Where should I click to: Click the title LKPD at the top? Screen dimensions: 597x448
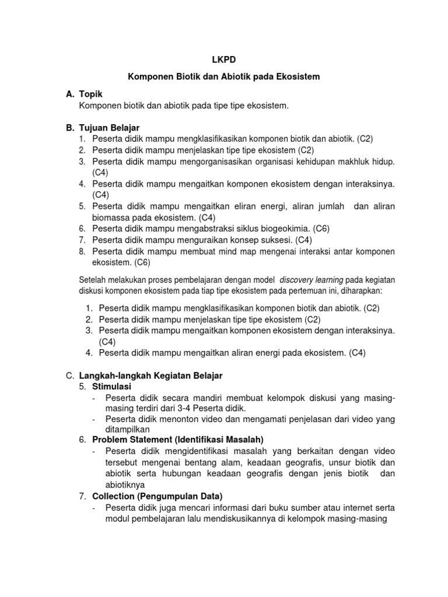(223, 59)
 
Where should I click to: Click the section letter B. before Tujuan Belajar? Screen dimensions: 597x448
(69, 128)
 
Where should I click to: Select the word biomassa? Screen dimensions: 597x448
(112, 217)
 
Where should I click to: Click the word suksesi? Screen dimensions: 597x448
(275, 240)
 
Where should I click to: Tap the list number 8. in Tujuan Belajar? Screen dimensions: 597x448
(82, 251)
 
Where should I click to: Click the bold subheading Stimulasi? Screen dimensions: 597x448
(112, 387)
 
